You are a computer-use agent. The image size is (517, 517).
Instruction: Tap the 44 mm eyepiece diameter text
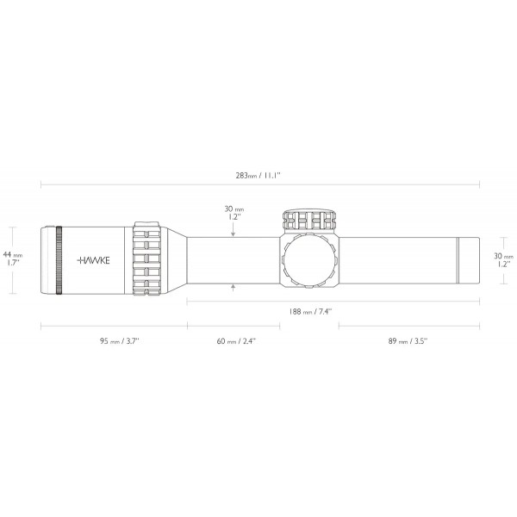(14, 255)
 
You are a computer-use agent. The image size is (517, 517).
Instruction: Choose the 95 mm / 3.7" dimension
(115, 341)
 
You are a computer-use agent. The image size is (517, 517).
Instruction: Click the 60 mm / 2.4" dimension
(235, 341)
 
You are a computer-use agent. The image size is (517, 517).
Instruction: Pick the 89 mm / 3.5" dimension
(407, 341)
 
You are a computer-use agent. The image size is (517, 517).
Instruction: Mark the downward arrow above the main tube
(233, 232)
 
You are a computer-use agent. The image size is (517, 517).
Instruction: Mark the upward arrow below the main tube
(233, 287)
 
